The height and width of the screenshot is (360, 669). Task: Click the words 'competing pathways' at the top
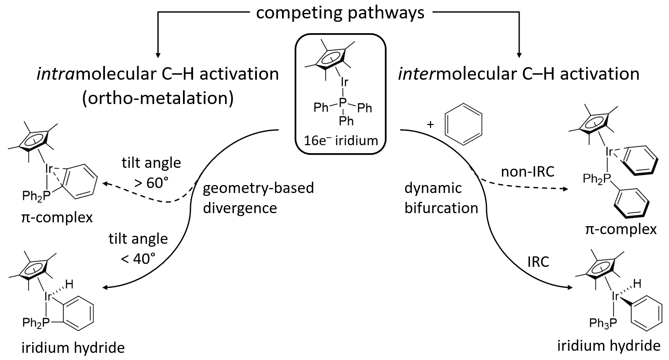340,13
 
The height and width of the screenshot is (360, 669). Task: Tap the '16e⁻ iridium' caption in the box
341,140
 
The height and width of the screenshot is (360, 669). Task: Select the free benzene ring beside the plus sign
463,124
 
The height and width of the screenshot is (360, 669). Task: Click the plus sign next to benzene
430,124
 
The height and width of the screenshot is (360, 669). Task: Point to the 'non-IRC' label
528,171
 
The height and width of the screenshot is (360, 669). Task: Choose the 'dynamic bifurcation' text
441,198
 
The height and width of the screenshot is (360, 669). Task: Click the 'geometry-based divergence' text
258,198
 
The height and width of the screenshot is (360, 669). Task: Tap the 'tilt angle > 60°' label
151,172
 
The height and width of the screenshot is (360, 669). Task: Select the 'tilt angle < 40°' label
138,248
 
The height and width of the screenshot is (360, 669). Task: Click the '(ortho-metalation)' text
158,98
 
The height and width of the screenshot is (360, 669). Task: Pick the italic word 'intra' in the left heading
52,74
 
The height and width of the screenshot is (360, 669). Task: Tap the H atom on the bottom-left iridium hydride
70,284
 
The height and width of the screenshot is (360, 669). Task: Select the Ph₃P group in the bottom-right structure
603,323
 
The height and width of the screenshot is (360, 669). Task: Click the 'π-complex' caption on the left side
57,218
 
